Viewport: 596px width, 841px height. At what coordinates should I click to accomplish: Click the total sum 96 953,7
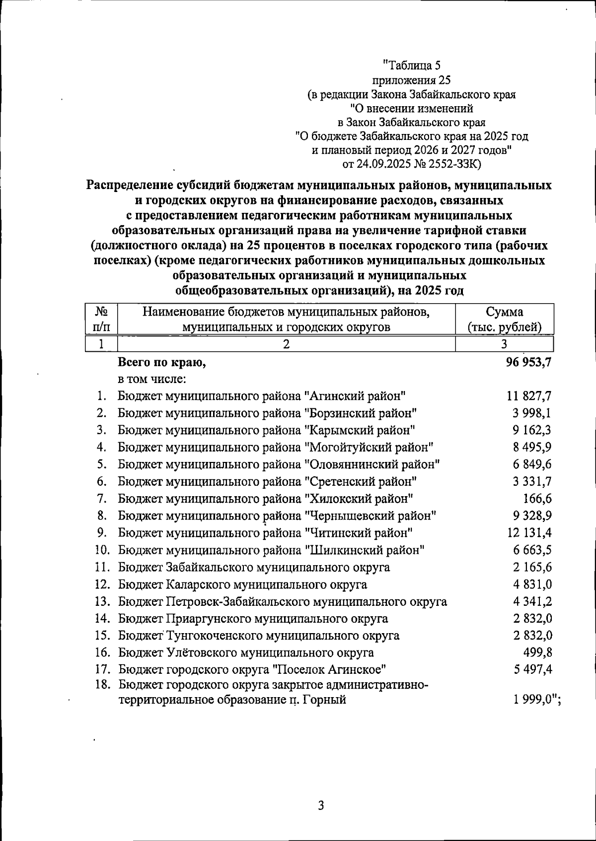coord(528,363)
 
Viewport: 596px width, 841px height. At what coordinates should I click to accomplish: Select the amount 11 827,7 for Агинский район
coord(529,396)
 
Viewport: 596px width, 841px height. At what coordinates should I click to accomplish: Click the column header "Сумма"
coord(504,312)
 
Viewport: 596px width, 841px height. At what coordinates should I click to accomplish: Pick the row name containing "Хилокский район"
coord(265,498)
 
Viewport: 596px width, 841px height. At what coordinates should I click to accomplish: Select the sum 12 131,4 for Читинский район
coord(529,533)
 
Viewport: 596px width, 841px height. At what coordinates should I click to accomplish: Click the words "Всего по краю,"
coord(162,363)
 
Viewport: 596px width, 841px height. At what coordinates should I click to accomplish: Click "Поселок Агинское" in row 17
coord(330,670)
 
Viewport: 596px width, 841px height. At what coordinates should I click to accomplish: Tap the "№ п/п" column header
coord(101,319)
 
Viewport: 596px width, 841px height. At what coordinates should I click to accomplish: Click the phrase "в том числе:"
coord(152,380)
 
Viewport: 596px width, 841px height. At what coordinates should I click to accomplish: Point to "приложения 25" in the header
coord(411,79)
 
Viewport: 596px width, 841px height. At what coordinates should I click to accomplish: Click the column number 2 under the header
coord(286,344)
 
